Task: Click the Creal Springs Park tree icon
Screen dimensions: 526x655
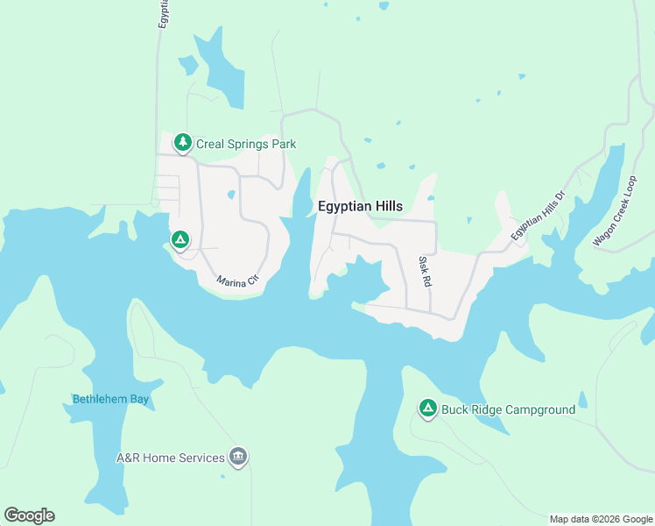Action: tap(182, 142)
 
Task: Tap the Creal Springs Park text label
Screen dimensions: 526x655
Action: tap(246, 144)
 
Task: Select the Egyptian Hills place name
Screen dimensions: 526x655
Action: tap(360, 206)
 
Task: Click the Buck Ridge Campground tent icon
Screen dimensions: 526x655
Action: tap(427, 408)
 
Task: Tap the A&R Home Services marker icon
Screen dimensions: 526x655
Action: tap(238, 457)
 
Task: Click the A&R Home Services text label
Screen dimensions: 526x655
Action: tap(170, 458)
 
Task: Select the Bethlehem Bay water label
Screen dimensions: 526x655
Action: tap(111, 400)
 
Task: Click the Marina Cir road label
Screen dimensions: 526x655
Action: tap(238, 280)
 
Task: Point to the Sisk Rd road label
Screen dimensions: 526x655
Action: tap(425, 272)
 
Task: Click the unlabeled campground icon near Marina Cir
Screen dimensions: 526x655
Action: tap(180, 239)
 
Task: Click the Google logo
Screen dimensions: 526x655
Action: tap(29, 515)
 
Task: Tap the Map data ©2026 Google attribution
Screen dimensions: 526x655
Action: tap(600, 519)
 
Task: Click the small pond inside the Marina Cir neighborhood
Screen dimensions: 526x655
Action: tap(230, 195)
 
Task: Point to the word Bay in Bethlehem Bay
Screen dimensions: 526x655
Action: tap(138, 400)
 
